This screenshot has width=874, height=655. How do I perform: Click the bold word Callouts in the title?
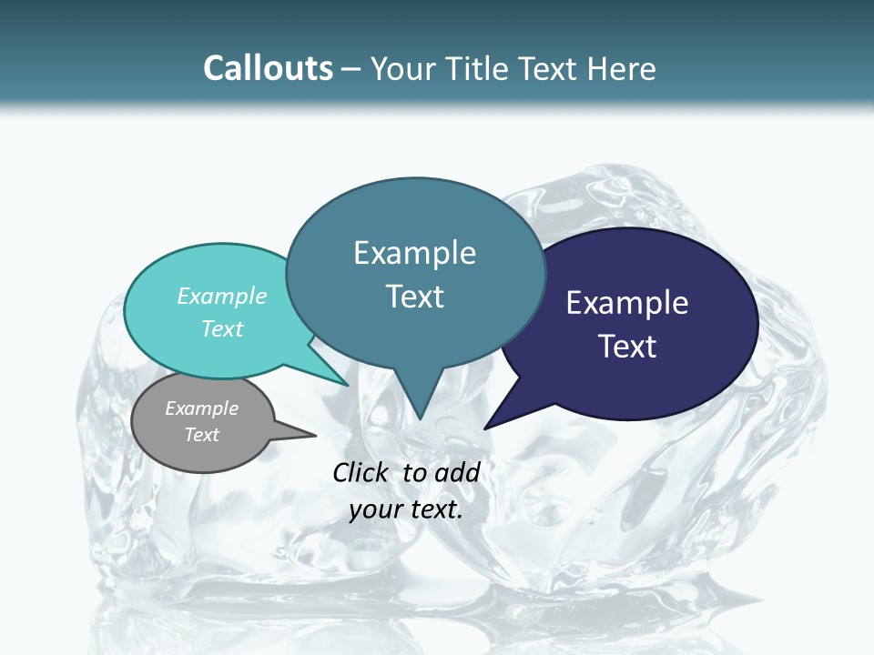click(x=268, y=68)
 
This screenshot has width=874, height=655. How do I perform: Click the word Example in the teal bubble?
click(x=222, y=296)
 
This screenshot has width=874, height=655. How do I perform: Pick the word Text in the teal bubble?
click(x=222, y=328)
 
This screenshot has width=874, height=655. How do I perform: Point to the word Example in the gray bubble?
click(x=201, y=408)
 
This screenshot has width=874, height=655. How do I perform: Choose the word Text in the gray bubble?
click(x=201, y=435)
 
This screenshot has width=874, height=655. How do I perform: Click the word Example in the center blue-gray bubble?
click(x=414, y=253)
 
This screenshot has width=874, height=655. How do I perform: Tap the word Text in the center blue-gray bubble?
click(x=414, y=297)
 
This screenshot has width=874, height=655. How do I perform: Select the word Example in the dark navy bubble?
click(x=627, y=303)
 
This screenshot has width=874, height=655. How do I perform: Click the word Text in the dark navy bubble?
click(x=627, y=347)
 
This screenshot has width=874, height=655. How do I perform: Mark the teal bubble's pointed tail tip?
click(x=348, y=385)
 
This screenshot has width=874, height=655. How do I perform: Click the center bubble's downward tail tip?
click(x=420, y=418)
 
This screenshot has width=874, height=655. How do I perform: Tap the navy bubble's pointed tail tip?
click(x=485, y=428)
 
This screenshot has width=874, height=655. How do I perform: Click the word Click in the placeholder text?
click(x=361, y=472)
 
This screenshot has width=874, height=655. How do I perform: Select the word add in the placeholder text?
click(x=457, y=472)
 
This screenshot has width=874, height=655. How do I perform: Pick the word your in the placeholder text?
click(x=374, y=509)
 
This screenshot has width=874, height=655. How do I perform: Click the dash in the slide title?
click(x=352, y=69)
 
